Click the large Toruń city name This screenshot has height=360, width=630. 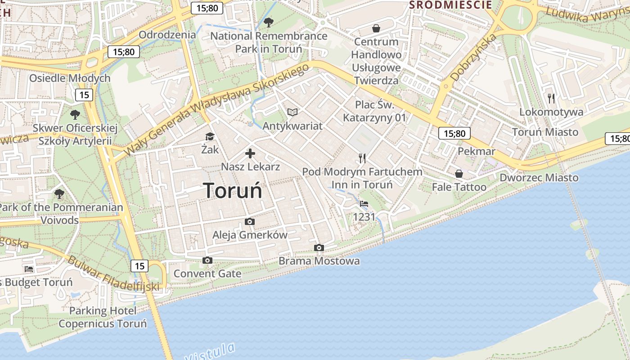pos(233,190)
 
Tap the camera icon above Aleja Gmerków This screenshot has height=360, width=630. pos(250,221)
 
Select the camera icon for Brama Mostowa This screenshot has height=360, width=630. pos(319,247)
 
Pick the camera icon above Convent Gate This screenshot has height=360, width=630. pos(207,260)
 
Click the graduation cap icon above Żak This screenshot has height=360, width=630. pos(210,136)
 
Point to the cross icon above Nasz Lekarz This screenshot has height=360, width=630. pos(250,153)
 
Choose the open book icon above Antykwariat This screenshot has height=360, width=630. pos(292,112)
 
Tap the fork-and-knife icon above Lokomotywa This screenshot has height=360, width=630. pos(551,98)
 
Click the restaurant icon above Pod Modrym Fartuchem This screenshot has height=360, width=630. pos(362,158)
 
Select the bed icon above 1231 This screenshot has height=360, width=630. pos(364,204)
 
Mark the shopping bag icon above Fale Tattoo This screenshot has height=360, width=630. pos(459,174)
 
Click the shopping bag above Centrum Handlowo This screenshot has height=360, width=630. pos(376,28)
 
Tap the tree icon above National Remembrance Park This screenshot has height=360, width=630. pos(269,22)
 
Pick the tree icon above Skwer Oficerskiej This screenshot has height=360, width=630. pos(75,114)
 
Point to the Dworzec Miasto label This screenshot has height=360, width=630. pos(539,178)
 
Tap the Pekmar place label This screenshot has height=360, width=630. pos(476,151)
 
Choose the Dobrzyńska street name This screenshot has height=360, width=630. pos(473,58)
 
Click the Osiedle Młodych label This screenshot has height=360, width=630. pos(70,78)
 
